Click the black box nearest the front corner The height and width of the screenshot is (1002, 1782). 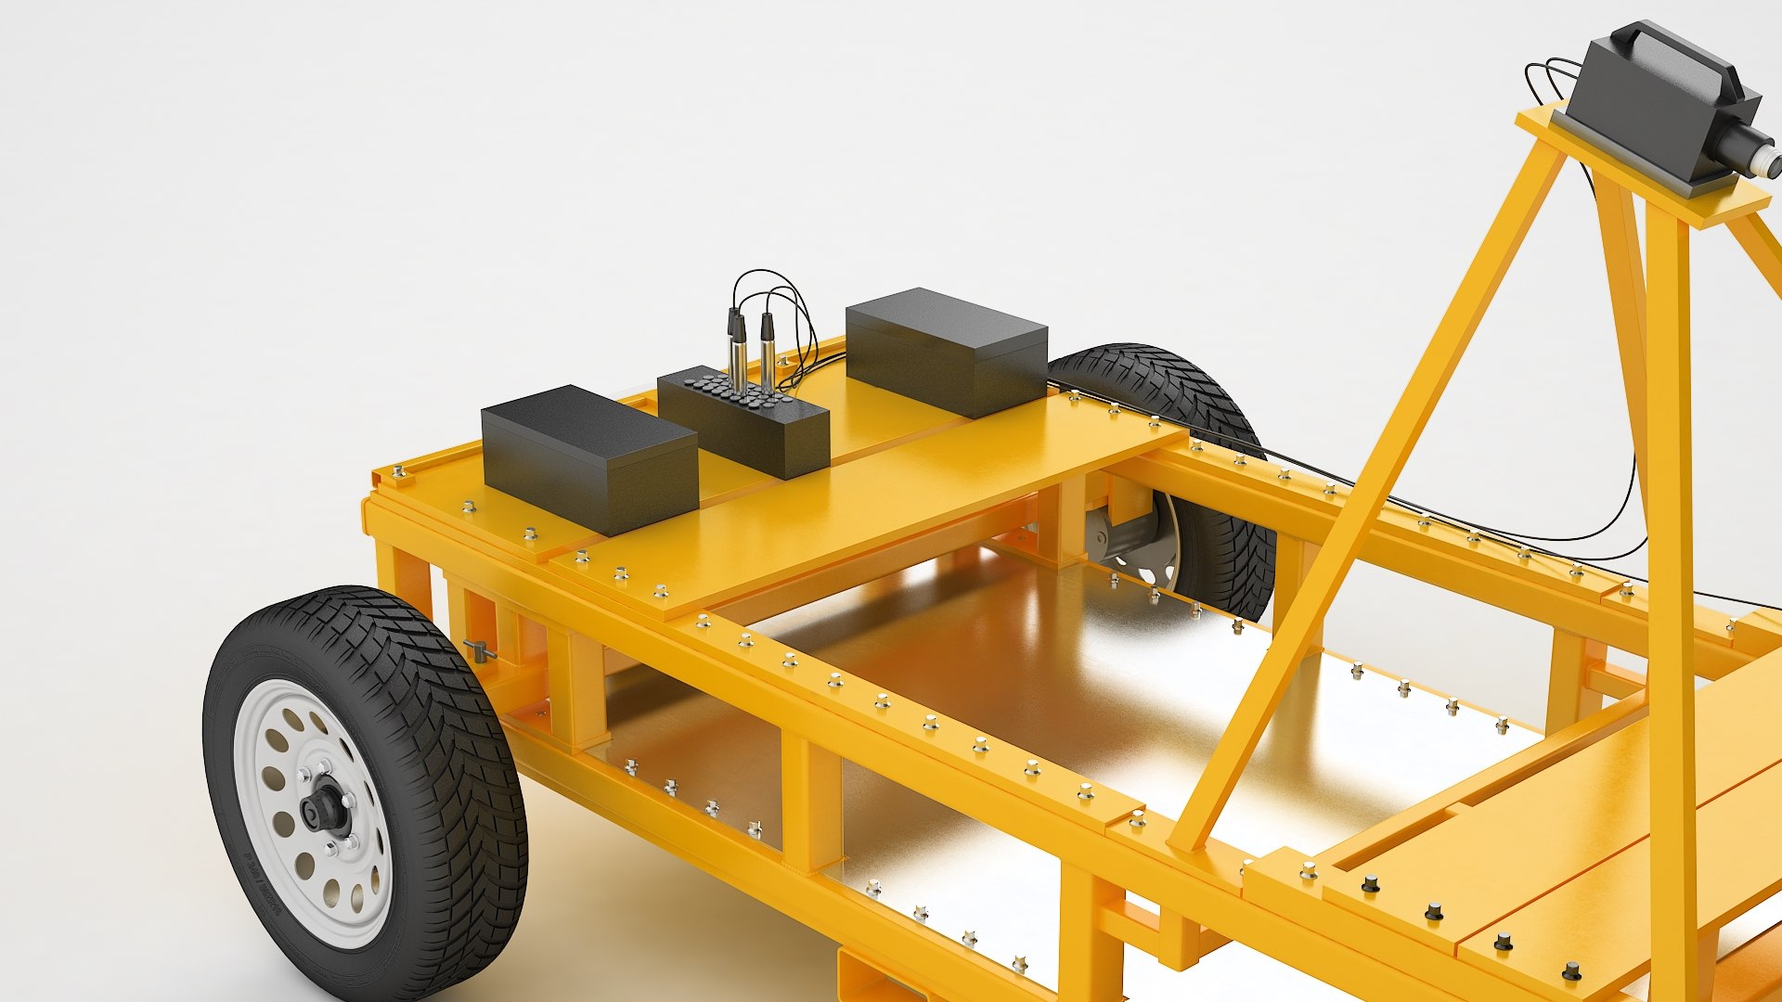(588, 458)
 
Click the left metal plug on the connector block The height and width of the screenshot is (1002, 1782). (737, 353)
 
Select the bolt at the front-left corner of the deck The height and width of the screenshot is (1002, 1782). (399, 473)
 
